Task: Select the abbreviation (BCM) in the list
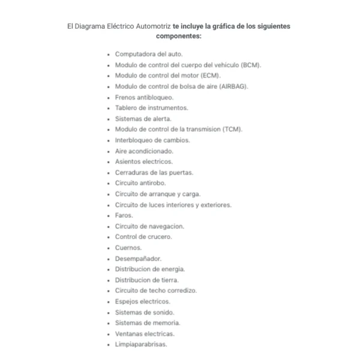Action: [250, 65]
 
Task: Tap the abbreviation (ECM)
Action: [209, 76]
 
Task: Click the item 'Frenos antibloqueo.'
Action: [144, 97]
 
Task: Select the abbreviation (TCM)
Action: [232, 130]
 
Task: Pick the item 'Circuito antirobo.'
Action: [140, 183]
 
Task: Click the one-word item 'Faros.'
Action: [124, 215]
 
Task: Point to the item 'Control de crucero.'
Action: [143, 237]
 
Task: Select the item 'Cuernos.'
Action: [128, 248]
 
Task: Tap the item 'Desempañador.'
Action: [138, 259]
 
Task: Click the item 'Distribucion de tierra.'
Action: [146, 280]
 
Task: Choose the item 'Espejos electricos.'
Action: [142, 302]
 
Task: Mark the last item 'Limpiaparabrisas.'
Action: [140, 345]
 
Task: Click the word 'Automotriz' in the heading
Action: [152, 26]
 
